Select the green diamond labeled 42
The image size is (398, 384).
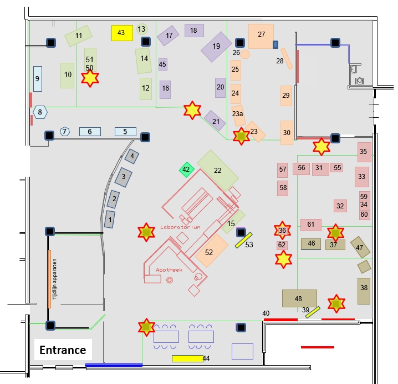click(186, 169)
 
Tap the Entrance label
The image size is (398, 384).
click(63, 350)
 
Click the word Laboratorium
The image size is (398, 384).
click(180, 227)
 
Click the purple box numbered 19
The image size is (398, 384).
click(216, 47)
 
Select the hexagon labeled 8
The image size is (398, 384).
click(39, 112)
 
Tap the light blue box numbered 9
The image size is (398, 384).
click(37, 78)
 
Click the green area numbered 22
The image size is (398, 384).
click(218, 171)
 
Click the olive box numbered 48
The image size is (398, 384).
click(299, 298)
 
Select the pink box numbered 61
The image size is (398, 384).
click(311, 225)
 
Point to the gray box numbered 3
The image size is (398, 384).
click(123, 177)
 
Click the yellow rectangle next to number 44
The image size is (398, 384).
click(187, 358)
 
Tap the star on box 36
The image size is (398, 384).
click(282, 230)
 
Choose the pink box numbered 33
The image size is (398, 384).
click(362, 177)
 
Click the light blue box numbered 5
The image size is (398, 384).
click(125, 132)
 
